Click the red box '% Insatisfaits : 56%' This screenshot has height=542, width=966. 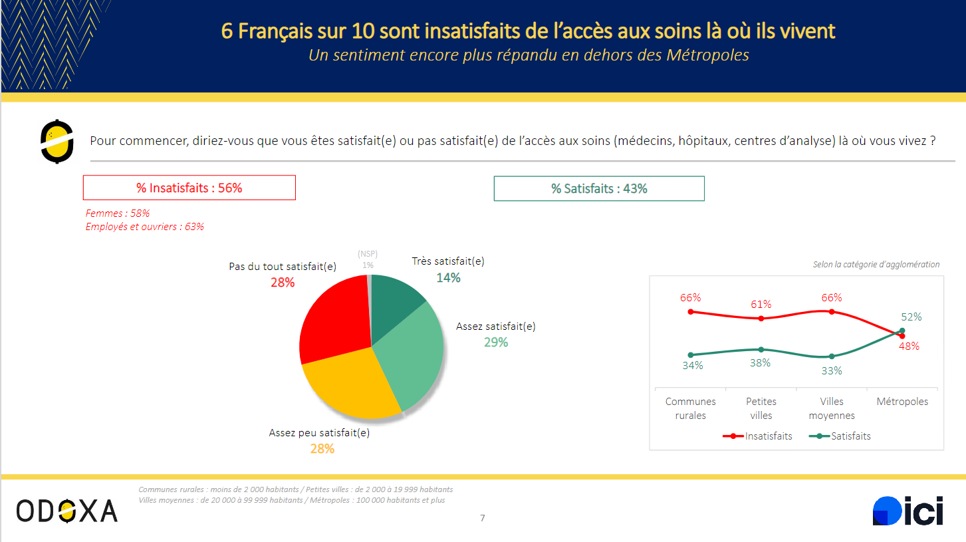coord(189,188)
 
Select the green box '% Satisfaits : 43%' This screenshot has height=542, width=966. coord(598,189)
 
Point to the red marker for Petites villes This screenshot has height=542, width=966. coord(761,319)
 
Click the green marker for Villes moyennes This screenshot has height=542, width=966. coord(832,356)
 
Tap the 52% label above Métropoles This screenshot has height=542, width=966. coord(911,317)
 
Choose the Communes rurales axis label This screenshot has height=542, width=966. coord(691,408)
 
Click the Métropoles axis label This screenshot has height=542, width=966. coord(902,402)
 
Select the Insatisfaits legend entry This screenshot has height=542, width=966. coord(759,436)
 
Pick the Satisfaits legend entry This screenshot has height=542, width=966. coord(840,436)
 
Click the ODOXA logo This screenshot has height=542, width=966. coord(67,510)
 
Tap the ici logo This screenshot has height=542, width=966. coord(907,511)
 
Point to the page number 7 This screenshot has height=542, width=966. coord(483,518)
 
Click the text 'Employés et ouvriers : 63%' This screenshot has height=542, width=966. coord(145,227)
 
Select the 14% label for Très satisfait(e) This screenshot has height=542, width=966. coord(448,277)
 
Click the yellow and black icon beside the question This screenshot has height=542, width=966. coord(57,141)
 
